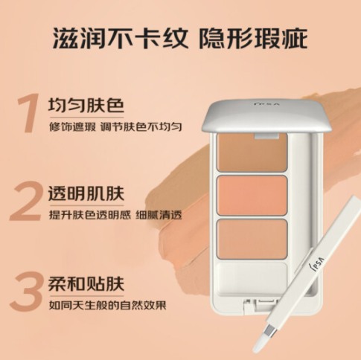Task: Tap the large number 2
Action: pos(26,201)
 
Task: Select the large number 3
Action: pos(26,291)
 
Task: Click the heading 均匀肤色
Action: pos(86,106)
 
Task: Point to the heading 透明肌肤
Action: pos(86,193)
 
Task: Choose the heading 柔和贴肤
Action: pos(86,283)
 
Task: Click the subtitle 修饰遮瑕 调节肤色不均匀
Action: pos(115,126)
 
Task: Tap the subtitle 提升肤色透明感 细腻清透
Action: pos(115,215)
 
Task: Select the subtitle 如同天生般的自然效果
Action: pos(107,305)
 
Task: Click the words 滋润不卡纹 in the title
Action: pos(120,39)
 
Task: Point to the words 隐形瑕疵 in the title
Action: pos(253,39)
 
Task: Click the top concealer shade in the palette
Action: pos(252,152)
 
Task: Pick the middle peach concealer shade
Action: pos(252,196)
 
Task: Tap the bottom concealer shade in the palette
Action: pos(252,240)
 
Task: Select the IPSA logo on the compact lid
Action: pos(266,103)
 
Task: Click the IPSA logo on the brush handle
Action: pos(318,263)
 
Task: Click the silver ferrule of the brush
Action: pos(269,331)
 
